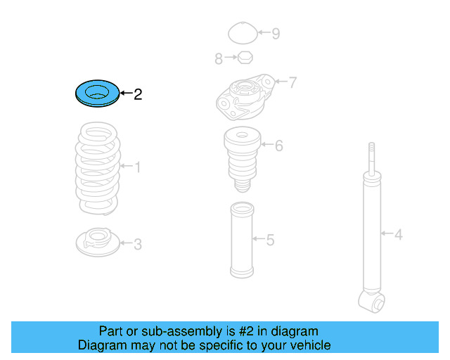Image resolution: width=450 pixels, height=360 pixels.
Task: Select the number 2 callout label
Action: pyautogui.click(x=138, y=94)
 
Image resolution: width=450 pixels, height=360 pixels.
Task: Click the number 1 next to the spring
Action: pyautogui.click(x=138, y=167)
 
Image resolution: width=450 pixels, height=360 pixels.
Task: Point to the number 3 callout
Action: pyautogui.click(x=138, y=244)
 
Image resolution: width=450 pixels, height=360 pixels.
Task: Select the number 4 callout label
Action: pyautogui.click(x=399, y=233)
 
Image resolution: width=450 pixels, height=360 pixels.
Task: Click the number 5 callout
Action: pyautogui.click(x=270, y=240)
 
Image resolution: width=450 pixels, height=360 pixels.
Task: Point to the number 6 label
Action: pyautogui.click(x=279, y=146)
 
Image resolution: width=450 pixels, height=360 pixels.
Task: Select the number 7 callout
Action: pyautogui.click(x=292, y=82)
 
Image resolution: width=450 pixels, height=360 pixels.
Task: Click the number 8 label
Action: pyautogui.click(x=219, y=58)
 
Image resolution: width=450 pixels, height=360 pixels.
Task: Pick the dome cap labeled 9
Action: pyautogui.click(x=243, y=32)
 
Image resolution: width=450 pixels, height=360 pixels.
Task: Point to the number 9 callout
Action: pyautogui.click(x=276, y=33)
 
